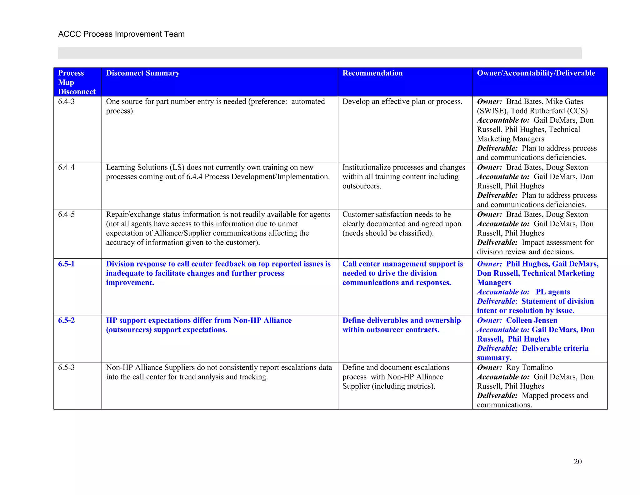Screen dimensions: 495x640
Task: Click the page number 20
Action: click(x=577, y=462)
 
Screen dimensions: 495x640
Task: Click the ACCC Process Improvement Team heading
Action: click(x=121, y=34)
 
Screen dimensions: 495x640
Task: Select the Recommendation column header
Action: click(x=372, y=73)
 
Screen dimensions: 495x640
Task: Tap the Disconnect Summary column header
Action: click(x=143, y=73)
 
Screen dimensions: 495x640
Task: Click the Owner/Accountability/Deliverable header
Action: click(x=536, y=73)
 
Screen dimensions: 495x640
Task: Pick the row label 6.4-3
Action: click(x=66, y=101)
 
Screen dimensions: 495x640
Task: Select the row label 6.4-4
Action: click(x=66, y=167)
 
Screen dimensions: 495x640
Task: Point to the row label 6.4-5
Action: click(x=66, y=215)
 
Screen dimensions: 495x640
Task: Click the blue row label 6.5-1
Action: click(x=66, y=264)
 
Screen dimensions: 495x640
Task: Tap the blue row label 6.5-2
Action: click(x=66, y=320)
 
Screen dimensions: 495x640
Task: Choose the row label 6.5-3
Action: click(x=66, y=367)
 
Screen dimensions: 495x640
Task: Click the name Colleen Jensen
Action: click(x=532, y=320)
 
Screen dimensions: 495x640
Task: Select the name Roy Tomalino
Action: click(x=529, y=367)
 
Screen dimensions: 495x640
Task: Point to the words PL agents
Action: click(x=552, y=292)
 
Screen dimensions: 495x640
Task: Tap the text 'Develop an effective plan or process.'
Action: click(x=402, y=101)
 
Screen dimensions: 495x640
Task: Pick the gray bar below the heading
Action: click(x=320, y=53)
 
